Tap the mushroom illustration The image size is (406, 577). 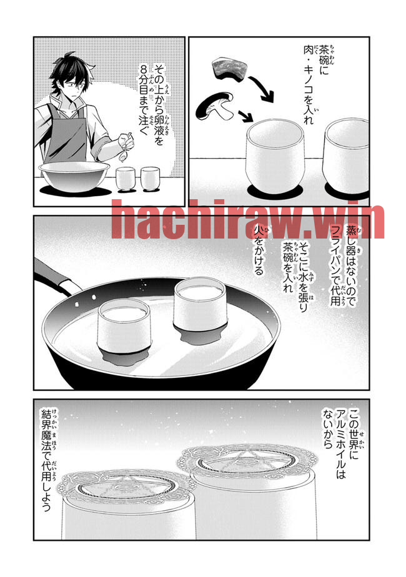coord(215,106)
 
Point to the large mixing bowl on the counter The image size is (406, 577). coord(74,177)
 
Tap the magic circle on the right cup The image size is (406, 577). coord(247,461)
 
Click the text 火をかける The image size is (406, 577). coord(259,251)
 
